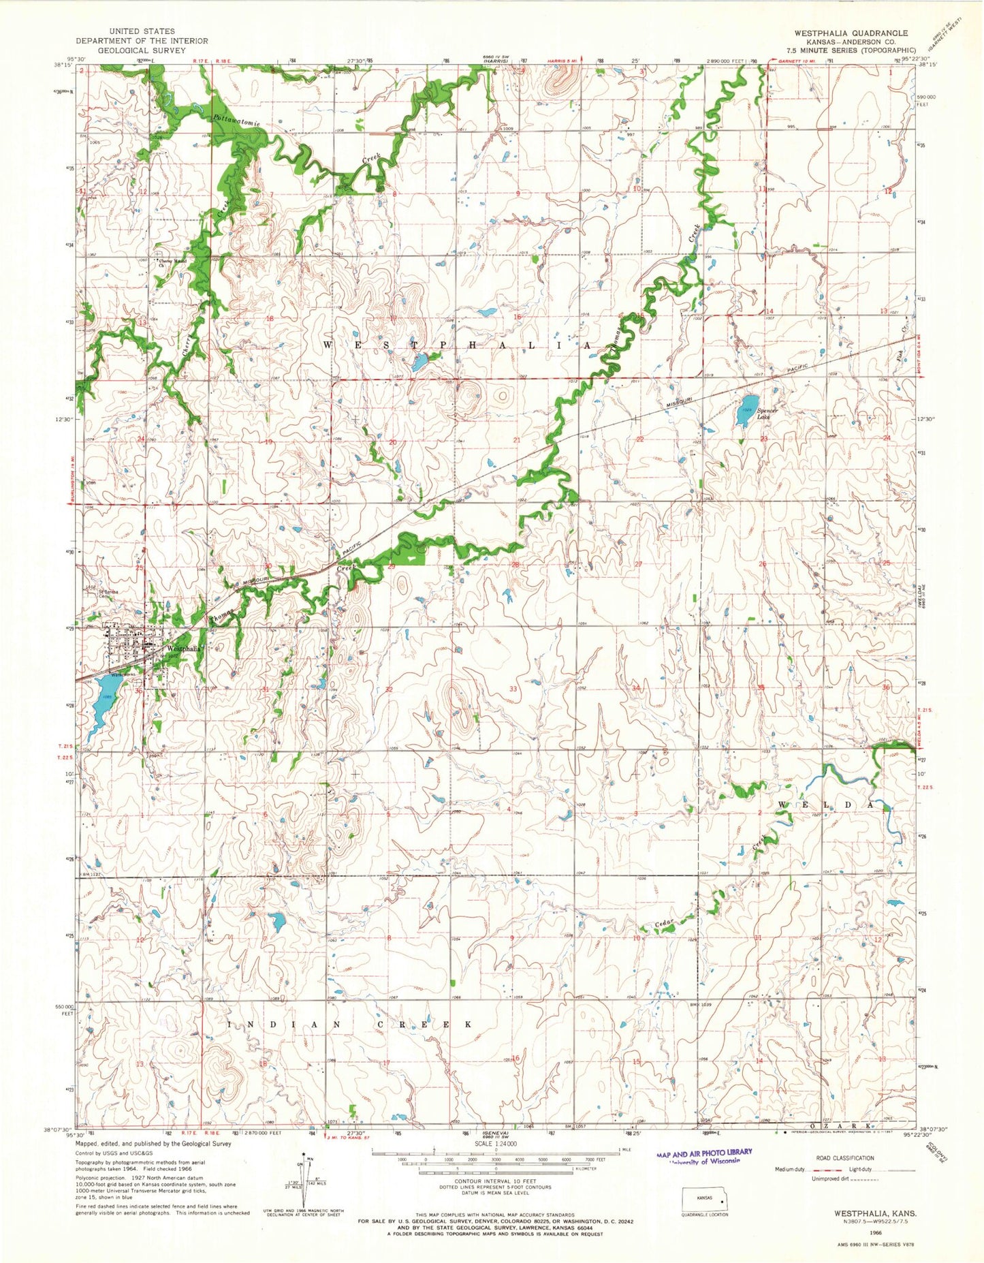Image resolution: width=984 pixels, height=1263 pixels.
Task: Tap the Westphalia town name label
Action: coord(183,649)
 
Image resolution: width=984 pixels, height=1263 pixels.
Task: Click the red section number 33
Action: coord(513,689)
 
